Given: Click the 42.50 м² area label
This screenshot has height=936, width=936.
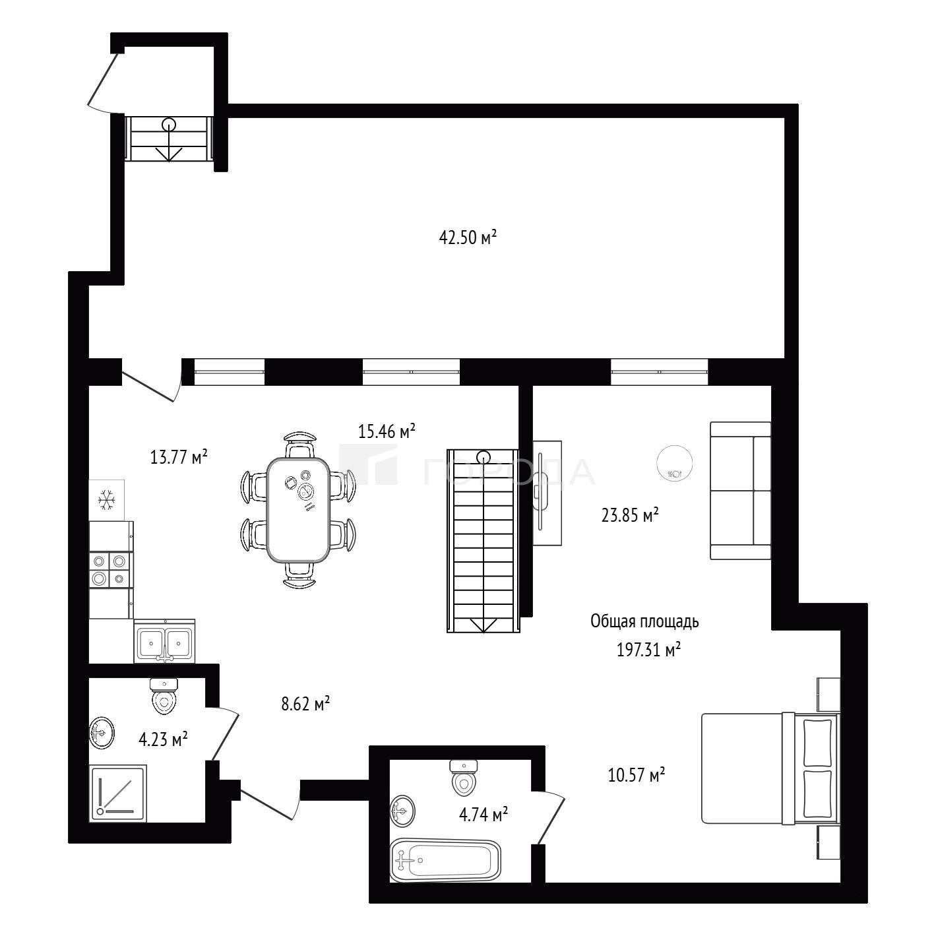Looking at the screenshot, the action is pyautogui.click(x=467, y=237).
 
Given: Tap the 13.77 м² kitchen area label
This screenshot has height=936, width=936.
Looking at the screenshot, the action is pyautogui.click(x=179, y=456).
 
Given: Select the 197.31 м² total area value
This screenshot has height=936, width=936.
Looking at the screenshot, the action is pyautogui.click(x=648, y=650).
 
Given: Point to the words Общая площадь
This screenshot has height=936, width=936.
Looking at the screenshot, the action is pyautogui.click(x=644, y=622).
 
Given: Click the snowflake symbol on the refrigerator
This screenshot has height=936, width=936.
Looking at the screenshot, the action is pyautogui.click(x=106, y=500).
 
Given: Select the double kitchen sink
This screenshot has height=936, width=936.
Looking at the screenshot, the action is pyautogui.click(x=165, y=641).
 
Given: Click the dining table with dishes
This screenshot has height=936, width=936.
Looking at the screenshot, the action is pyautogui.click(x=298, y=509).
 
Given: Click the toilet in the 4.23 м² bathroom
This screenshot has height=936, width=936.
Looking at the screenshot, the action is pyautogui.click(x=164, y=696).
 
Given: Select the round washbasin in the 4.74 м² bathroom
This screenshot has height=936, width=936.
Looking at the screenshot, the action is pyautogui.click(x=402, y=811).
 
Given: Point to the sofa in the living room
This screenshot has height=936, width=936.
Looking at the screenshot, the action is pyautogui.click(x=740, y=491).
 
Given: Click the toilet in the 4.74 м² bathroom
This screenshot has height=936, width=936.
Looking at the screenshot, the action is pyautogui.click(x=464, y=778).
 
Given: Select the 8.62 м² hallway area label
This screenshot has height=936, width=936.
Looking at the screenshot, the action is pyautogui.click(x=306, y=703).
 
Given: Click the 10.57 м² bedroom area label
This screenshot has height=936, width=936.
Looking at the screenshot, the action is pyautogui.click(x=637, y=774).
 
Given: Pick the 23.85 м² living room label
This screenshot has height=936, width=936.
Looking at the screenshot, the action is pyautogui.click(x=630, y=515).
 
